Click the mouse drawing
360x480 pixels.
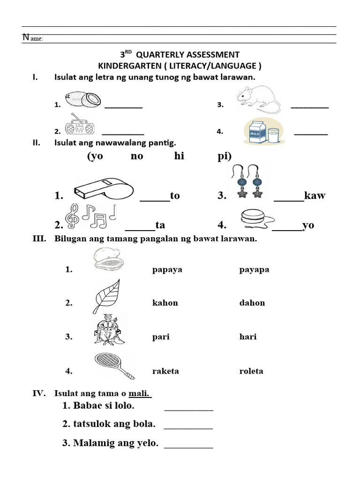tap(258, 98)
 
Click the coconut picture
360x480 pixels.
tap(83, 99)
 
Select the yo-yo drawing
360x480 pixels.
tap(254, 218)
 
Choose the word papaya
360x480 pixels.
tap(167, 270)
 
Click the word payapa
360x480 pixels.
tap(254, 270)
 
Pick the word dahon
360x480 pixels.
tap(252, 303)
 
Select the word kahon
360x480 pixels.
tap(165, 303)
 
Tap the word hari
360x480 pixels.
tap(248, 337)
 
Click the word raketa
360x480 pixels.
tap(165, 371)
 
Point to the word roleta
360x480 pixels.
tap(251, 371)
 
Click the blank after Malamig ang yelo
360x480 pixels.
tap(188, 444)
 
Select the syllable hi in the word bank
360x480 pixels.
tap(179, 156)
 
